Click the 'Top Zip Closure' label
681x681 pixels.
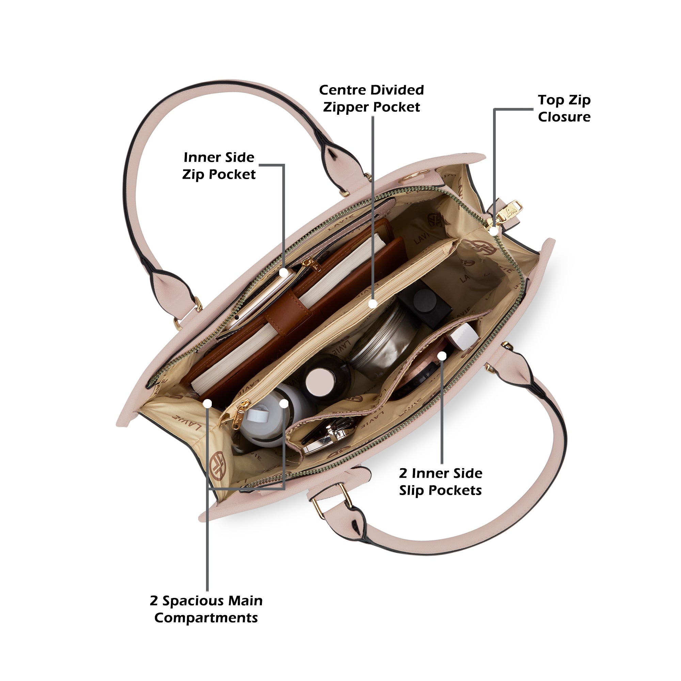564,108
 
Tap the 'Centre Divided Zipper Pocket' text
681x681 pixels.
371,98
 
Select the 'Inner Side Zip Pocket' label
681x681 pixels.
219,166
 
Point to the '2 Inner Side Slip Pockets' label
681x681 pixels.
441,481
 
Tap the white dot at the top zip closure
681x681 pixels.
494,231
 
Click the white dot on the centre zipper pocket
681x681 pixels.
373,303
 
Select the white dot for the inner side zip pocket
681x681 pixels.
284,272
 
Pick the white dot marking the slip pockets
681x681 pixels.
442,356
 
